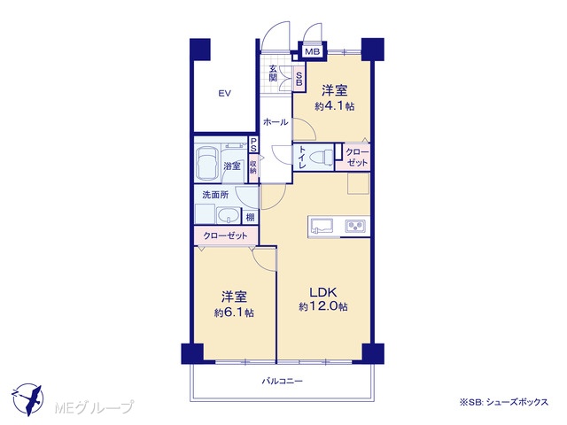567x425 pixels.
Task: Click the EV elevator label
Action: pos(224,94)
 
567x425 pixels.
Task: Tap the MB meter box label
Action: pos(313,51)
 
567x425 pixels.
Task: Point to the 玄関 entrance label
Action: pos(273,73)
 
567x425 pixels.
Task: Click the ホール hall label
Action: pos(276,122)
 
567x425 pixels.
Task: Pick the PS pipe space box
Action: pos(253,144)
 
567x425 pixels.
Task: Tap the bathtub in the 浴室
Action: pos(206,163)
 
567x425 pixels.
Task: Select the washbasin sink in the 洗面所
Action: pos(229,216)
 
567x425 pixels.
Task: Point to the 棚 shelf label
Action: pos(250,218)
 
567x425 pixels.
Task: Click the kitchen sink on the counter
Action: pos(322,227)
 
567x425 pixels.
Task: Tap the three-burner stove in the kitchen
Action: pos(355,226)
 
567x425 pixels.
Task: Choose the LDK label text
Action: pos(322,292)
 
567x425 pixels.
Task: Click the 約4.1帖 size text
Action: pos(335,106)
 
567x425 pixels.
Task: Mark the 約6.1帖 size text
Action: pos(234,313)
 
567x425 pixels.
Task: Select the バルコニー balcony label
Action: pos(283,381)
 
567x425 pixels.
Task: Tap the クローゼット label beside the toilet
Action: pos(357,158)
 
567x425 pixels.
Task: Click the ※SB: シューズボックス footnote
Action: pos(504,402)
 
